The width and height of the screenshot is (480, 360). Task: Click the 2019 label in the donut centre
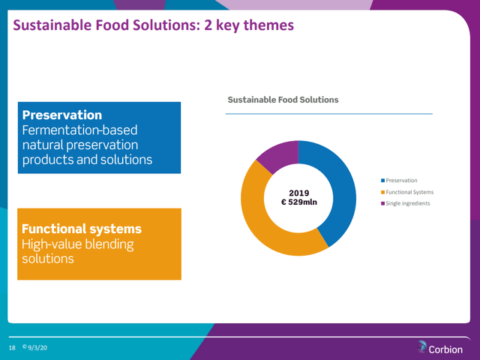tap(298, 193)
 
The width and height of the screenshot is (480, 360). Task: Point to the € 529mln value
tap(299, 202)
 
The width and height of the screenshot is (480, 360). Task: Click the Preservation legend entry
tap(399, 180)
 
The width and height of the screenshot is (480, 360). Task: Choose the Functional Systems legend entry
tap(407, 192)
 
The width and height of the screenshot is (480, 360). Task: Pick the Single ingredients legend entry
tap(405, 203)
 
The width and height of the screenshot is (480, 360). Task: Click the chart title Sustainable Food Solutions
tap(283, 100)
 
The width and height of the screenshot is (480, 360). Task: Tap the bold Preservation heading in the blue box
tap(62, 115)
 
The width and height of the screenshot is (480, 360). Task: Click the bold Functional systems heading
tap(82, 229)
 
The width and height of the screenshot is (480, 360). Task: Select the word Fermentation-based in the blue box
tap(80, 130)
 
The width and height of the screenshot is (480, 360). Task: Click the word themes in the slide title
tap(268, 25)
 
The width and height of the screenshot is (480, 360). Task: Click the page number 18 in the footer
tap(12, 348)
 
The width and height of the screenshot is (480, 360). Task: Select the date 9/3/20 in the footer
tap(37, 348)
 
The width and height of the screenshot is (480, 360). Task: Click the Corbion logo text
tap(445, 349)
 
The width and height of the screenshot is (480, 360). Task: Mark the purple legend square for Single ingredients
tap(382, 203)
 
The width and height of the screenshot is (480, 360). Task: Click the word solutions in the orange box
tap(48, 259)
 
